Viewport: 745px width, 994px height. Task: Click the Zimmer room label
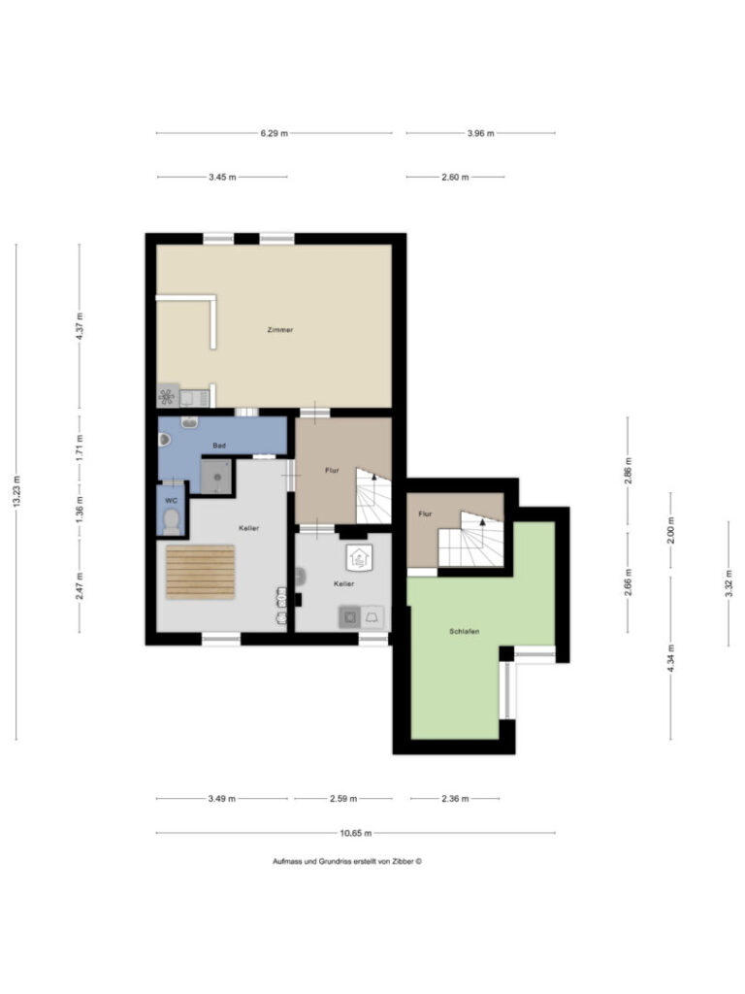click(x=280, y=330)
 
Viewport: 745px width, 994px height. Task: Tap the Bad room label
click(x=219, y=446)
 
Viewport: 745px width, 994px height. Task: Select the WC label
click(x=171, y=501)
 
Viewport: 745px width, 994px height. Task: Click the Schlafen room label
click(x=465, y=631)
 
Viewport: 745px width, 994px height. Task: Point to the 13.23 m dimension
click(x=16, y=491)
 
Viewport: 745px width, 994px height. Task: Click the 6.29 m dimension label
click(x=274, y=133)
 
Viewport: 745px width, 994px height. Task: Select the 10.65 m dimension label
click(x=355, y=833)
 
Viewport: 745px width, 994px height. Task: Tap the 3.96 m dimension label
click(x=481, y=133)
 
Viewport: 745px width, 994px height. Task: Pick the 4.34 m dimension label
click(x=671, y=659)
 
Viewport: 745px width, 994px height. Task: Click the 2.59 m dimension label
click(x=343, y=799)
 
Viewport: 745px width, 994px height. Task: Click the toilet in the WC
click(x=171, y=521)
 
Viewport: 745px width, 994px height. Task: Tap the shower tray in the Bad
click(x=216, y=477)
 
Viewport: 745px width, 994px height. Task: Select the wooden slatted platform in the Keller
click(x=200, y=572)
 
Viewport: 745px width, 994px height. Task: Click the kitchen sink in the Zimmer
click(x=194, y=398)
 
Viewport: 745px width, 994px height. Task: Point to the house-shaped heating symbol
click(x=359, y=558)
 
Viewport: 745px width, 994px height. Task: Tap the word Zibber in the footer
click(x=402, y=862)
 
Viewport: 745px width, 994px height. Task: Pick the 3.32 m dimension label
click(x=729, y=583)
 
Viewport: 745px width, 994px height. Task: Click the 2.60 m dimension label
click(x=456, y=177)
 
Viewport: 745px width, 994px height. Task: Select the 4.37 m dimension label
click(x=80, y=326)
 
